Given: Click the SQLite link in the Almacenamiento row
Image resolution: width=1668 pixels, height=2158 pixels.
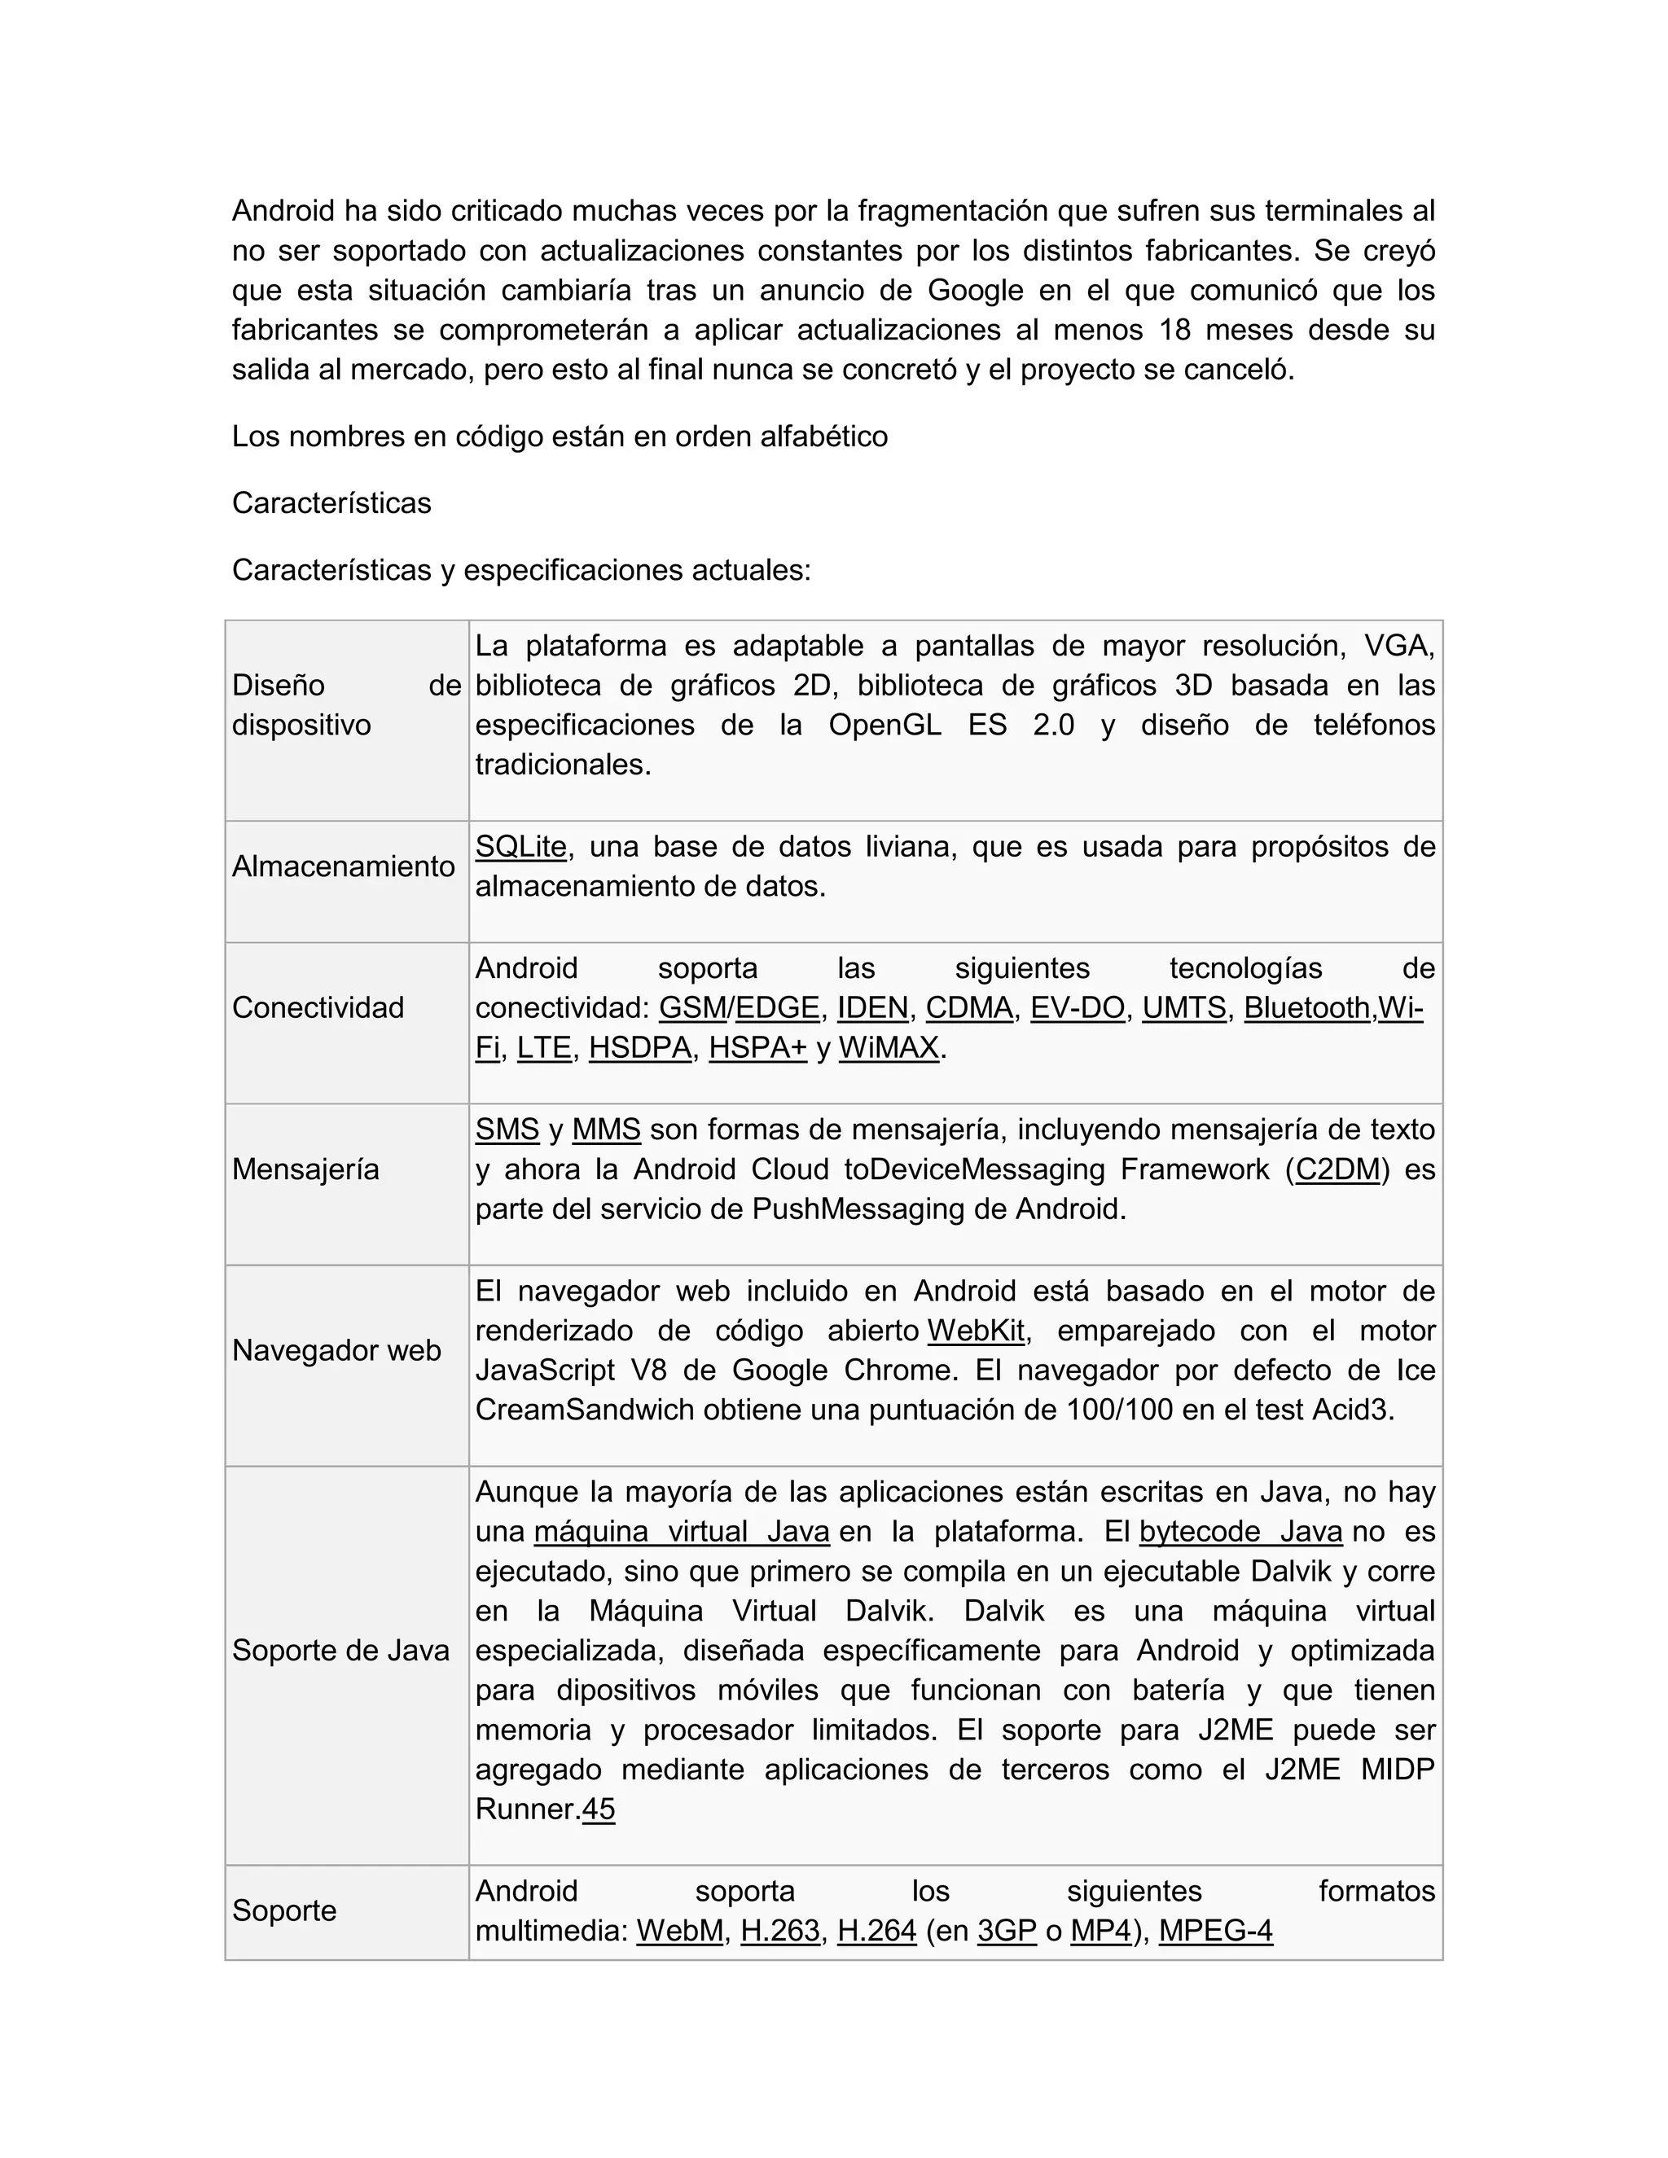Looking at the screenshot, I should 520,847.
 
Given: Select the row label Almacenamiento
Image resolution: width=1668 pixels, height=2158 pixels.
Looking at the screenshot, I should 343,866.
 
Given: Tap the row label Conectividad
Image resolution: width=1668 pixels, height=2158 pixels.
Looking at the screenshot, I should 318,1008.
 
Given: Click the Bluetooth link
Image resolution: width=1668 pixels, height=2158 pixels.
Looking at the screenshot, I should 1306,1008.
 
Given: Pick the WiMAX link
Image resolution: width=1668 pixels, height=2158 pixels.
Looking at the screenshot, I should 889,1047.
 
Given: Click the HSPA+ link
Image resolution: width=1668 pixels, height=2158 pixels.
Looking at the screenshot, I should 758,1047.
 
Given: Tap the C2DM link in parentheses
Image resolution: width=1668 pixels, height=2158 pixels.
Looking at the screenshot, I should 1337,1170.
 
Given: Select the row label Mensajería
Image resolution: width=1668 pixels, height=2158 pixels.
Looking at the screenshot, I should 305,1170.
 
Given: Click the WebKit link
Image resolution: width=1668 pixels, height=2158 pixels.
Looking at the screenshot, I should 975,1331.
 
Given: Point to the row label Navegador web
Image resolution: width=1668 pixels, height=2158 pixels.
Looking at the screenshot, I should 336,1351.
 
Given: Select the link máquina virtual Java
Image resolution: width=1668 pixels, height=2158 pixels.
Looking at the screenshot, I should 681,1532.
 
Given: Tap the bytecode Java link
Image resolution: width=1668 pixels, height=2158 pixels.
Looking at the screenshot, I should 1240,1532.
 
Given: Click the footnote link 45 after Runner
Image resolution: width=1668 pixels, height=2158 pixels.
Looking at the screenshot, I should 599,1809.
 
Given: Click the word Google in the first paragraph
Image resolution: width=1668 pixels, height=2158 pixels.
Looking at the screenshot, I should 974,291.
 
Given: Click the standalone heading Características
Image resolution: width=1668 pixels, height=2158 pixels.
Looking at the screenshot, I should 331,503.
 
